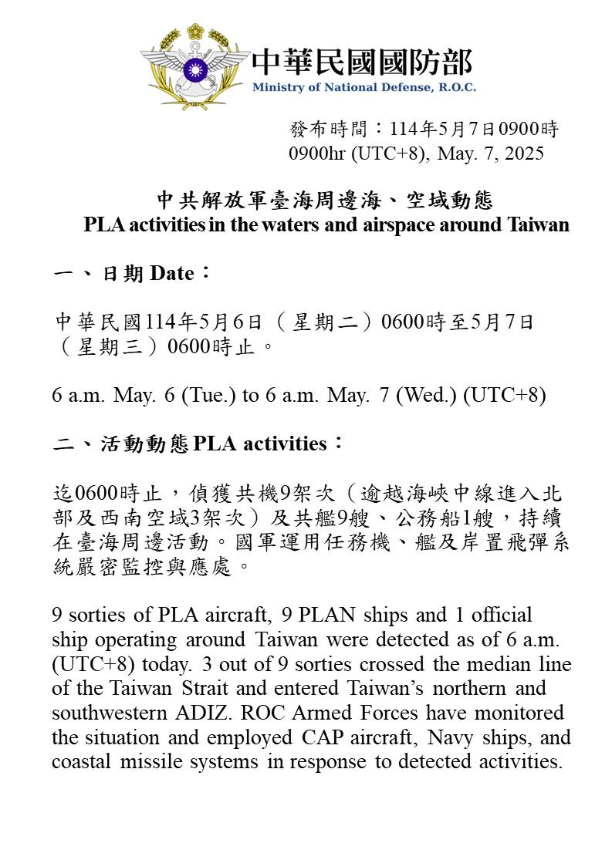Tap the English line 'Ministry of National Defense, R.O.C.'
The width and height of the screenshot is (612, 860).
click(363, 87)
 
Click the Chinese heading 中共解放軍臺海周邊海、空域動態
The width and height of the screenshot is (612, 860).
click(325, 201)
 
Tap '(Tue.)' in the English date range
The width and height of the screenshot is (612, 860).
click(208, 396)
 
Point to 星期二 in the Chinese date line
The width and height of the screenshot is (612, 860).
click(324, 322)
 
